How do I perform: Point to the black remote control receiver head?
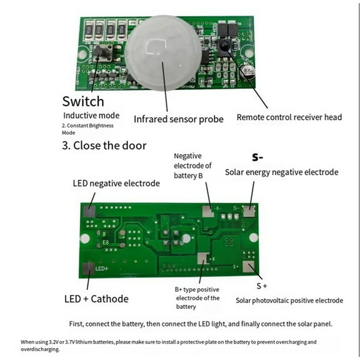(x=223, y=44)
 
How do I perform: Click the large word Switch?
(x=83, y=101)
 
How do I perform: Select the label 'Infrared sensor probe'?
(x=179, y=119)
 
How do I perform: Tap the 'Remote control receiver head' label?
(x=289, y=117)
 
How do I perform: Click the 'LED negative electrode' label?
(x=116, y=184)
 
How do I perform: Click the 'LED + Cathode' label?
(x=96, y=299)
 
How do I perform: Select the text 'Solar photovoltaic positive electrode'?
(x=289, y=301)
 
